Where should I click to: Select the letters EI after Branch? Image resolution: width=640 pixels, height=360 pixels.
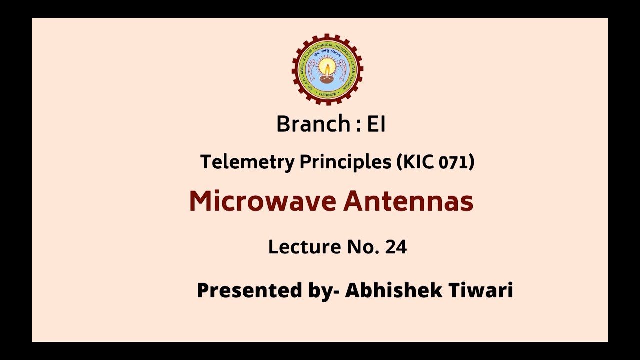[376, 124]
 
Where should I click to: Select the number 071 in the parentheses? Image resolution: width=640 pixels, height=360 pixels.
[455, 162]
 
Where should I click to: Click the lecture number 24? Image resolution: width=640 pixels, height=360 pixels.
[396, 247]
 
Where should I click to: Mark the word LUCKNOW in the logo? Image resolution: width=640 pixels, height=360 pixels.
[327, 93]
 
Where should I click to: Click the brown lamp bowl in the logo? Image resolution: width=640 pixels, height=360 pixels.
[327, 78]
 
